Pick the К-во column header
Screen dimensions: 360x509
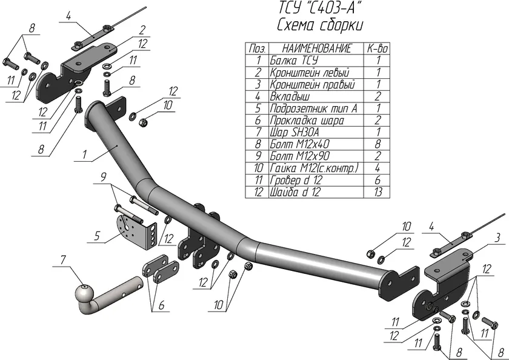(378, 48)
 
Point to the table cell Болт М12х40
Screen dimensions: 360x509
(300, 144)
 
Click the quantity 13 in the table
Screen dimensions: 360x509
(378, 192)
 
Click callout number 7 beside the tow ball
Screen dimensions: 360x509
(62, 261)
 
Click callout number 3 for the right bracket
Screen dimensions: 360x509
(496, 236)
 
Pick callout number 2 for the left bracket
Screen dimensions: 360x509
(142, 30)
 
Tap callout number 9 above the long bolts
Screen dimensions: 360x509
(104, 177)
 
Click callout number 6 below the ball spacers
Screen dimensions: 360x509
(161, 305)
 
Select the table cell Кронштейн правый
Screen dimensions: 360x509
(311, 84)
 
